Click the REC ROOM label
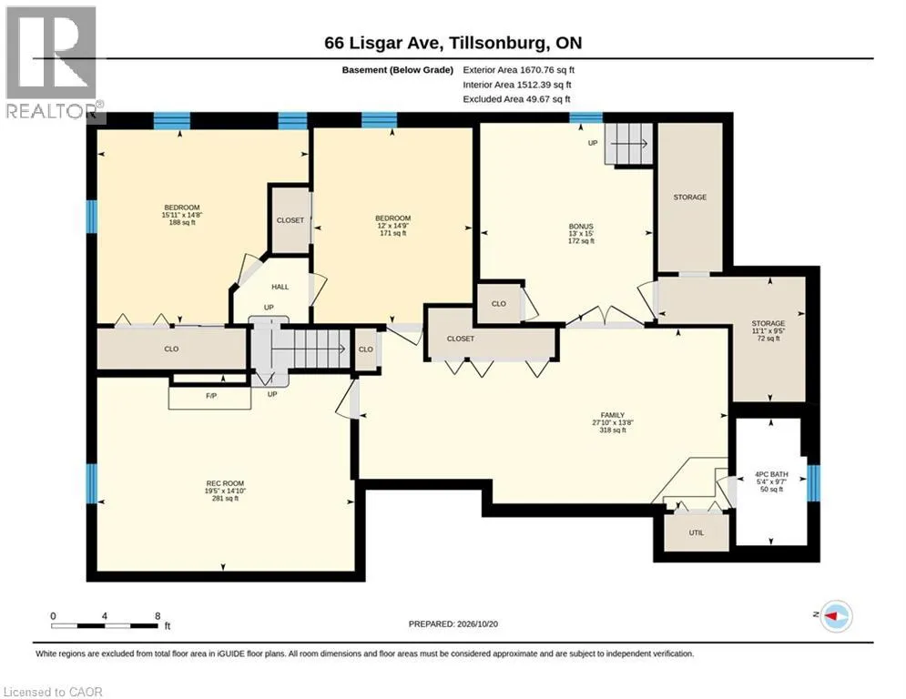click(x=225, y=483)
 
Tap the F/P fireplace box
click(x=209, y=398)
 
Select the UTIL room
click(x=697, y=532)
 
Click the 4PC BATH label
click(x=771, y=474)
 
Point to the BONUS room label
click(x=581, y=227)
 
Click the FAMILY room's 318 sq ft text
click(x=613, y=430)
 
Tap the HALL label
click(x=280, y=287)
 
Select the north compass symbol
click(x=836, y=616)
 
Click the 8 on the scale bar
click(x=158, y=616)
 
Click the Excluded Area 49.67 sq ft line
click(x=516, y=99)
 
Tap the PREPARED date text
click(x=453, y=623)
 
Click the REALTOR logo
click(x=53, y=63)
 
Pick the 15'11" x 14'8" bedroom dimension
click(x=182, y=215)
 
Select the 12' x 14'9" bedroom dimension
click(x=393, y=226)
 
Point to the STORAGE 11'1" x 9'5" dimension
click(x=769, y=331)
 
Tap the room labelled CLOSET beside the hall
click(x=290, y=220)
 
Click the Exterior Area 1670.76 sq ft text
click(x=519, y=70)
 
